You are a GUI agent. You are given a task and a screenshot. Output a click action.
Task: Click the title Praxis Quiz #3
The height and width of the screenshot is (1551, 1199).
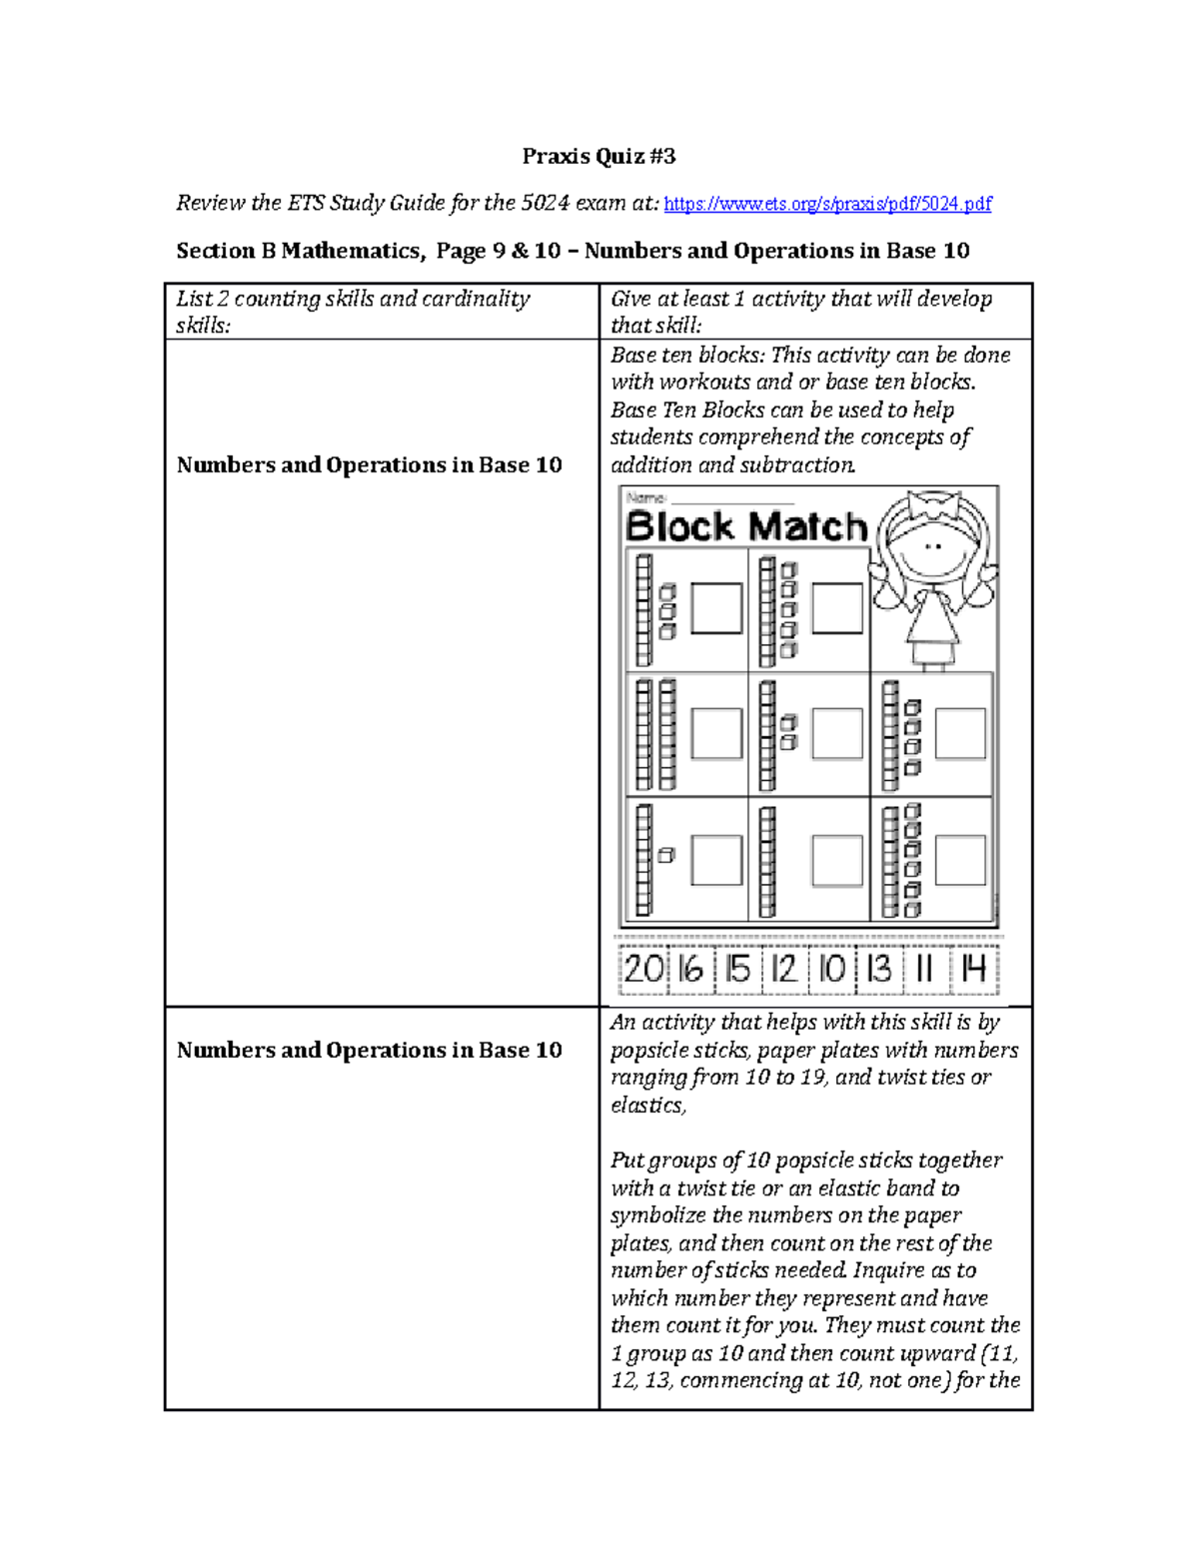point(599,156)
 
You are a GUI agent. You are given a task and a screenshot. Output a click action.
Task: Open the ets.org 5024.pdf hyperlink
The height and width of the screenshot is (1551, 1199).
point(827,204)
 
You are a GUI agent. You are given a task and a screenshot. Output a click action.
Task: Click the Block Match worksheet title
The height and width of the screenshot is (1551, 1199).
point(745,526)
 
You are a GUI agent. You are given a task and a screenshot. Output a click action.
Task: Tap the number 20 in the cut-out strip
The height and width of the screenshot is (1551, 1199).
point(642,969)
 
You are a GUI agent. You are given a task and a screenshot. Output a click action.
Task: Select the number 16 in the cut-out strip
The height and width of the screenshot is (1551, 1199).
point(690,969)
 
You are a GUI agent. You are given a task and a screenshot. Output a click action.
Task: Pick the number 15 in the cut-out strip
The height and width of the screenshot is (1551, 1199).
point(737,969)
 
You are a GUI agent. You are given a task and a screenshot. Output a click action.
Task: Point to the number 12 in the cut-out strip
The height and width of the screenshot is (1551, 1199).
point(784,969)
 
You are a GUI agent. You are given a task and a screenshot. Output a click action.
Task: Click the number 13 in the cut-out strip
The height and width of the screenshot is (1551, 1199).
point(878,969)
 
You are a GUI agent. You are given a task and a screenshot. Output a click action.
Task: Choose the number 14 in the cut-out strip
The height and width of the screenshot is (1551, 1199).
point(973,969)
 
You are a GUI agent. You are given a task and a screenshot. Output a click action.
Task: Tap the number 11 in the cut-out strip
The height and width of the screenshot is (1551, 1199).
point(925,969)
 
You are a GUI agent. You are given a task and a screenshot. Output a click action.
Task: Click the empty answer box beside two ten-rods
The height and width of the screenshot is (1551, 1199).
point(716,734)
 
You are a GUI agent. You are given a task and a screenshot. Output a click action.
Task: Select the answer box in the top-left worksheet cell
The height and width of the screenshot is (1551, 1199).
point(716,608)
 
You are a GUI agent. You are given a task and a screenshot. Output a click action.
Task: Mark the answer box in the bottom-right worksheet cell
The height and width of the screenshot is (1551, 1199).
point(960,860)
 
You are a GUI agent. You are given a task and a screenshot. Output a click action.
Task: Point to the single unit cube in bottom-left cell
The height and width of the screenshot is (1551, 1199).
point(666,856)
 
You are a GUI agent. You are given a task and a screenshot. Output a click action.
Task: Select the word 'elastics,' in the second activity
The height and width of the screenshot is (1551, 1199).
point(648,1105)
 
